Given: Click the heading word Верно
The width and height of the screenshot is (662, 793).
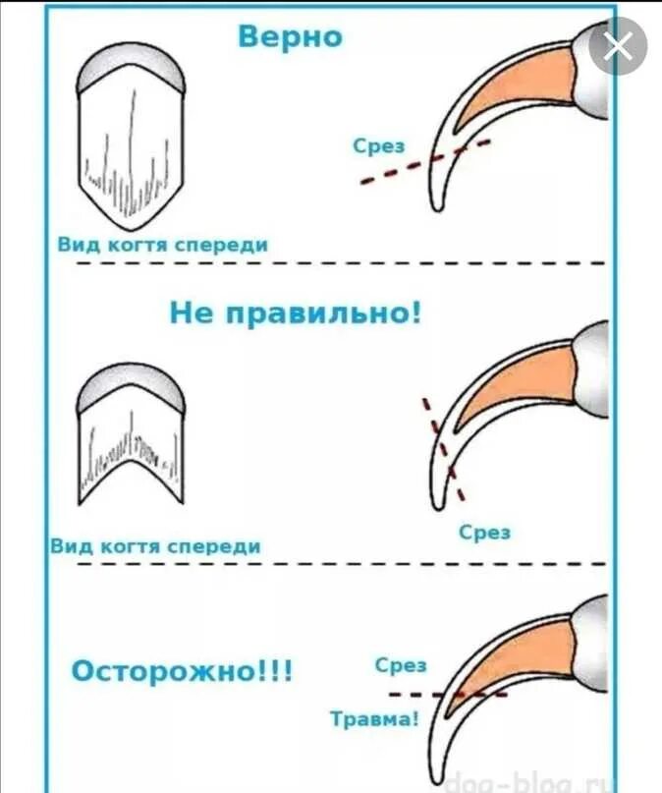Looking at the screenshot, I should [291, 37].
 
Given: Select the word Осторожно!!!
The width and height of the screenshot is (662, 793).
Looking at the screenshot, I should [183, 673].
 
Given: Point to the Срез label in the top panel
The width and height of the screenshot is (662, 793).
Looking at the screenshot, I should [379, 145].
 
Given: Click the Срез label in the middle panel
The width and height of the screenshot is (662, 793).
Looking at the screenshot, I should [485, 532].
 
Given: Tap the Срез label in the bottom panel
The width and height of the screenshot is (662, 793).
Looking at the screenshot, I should [401, 664].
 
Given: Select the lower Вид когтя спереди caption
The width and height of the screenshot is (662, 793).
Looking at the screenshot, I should [155, 546].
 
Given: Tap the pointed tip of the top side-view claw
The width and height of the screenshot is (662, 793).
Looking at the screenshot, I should [436, 206].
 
